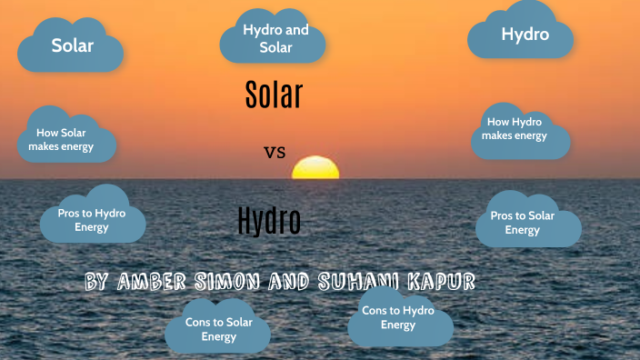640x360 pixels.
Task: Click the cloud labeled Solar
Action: pyautogui.click(x=71, y=45)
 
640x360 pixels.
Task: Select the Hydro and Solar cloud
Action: pyautogui.click(x=273, y=38)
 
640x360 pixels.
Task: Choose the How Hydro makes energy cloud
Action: pyautogui.click(x=517, y=129)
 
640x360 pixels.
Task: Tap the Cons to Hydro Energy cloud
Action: pyautogui.click(x=398, y=317)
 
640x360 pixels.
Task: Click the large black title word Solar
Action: pyautogui.click(x=274, y=95)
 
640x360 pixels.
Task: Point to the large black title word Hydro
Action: pyautogui.click(x=268, y=221)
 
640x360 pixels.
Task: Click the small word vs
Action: pyautogui.click(x=275, y=153)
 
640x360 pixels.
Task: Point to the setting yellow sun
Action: pyautogui.click(x=315, y=168)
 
